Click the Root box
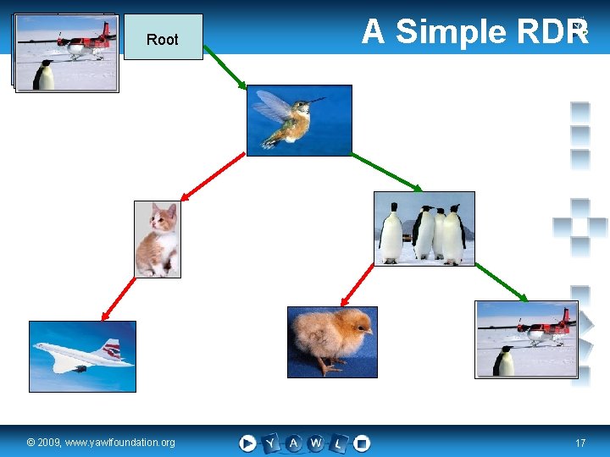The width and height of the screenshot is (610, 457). (x=163, y=37)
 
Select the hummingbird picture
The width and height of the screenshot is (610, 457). (x=298, y=120)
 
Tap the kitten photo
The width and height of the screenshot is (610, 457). (x=158, y=239)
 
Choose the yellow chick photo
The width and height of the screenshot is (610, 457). (x=332, y=341)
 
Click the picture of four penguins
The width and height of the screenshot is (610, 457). (x=424, y=228)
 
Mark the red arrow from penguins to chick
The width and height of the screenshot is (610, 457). (x=357, y=284)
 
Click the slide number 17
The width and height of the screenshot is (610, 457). (x=580, y=443)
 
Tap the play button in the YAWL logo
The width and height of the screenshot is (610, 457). (x=247, y=443)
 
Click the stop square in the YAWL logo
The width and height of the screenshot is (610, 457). (x=362, y=443)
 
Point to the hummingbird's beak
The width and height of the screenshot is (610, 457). (x=318, y=101)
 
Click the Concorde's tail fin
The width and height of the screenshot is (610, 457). (x=109, y=348)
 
